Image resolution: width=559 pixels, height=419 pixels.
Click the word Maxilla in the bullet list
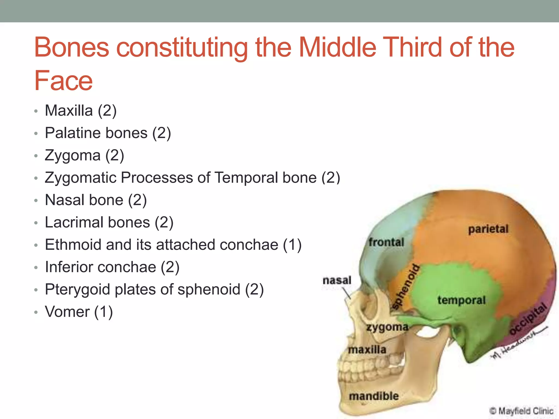[x=69, y=111]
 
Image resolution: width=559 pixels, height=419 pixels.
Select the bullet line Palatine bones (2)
[x=108, y=133]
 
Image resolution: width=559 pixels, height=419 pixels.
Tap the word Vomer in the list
[x=67, y=312]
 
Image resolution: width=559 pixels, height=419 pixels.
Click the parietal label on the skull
[x=488, y=229]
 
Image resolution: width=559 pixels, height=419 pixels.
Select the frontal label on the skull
[x=386, y=242]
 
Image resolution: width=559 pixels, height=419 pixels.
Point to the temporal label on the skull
[x=461, y=300]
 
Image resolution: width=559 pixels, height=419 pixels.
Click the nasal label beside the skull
[x=337, y=280]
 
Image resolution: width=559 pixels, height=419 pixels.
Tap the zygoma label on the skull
[x=387, y=327]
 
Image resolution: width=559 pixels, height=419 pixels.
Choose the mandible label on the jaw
[x=374, y=396]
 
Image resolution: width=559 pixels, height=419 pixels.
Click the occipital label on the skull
[x=528, y=318]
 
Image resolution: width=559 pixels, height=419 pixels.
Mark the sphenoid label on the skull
[x=406, y=287]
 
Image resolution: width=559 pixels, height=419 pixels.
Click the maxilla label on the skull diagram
[x=367, y=349]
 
